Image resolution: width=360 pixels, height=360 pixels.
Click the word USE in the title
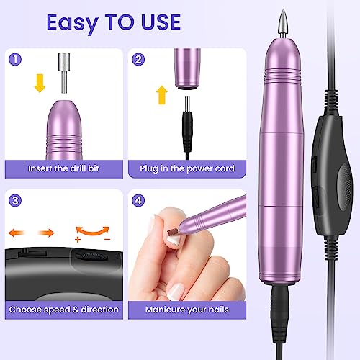[161, 22]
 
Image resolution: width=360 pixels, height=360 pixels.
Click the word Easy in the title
[72, 24]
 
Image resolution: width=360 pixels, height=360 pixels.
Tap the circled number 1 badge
[15, 60]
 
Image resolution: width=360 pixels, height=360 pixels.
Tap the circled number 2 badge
[138, 60]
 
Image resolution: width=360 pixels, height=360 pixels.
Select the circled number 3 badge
[15, 200]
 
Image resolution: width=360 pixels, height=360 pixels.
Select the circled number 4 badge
[138, 200]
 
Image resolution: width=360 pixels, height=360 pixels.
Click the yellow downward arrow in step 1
[40, 84]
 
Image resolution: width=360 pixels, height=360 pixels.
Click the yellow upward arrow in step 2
[162, 95]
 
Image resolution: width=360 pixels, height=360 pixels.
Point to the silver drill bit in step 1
[64, 73]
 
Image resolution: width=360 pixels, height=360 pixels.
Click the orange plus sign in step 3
[78, 239]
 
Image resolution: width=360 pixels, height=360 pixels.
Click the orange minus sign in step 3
[107, 239]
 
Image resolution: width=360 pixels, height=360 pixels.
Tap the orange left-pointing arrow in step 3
[17, 233]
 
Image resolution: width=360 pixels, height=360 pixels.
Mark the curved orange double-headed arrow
[93, 231]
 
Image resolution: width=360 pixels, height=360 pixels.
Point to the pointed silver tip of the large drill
[283, 24]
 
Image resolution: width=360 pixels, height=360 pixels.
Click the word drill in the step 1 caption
[77, 168]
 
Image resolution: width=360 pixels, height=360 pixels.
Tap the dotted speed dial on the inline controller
[345, 188]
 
